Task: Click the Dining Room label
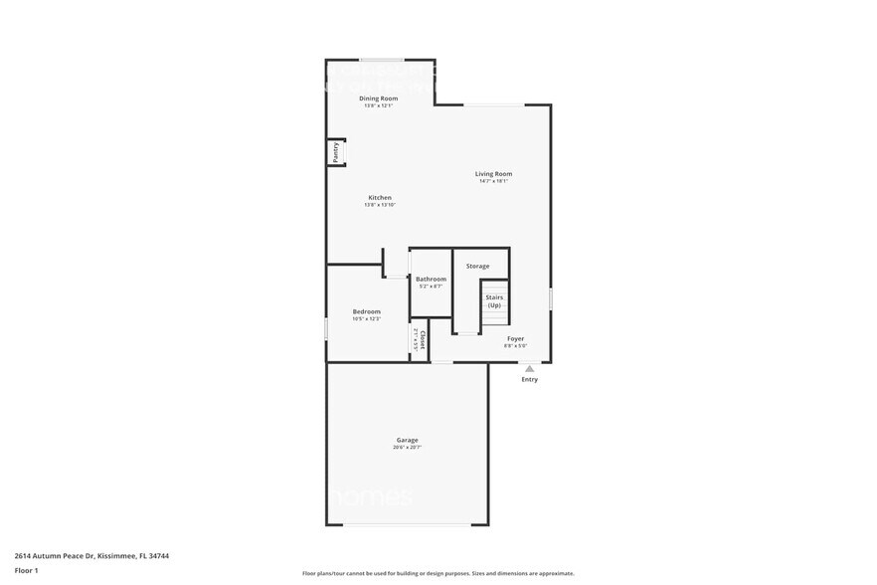click(379, 97)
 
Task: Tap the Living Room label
click(494, 174)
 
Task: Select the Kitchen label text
click(380, 198)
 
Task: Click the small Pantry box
click(336, 152)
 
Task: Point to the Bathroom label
click(431, 280)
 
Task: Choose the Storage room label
click(478, 266)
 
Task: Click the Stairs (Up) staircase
click(494, 301)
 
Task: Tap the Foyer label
click(515, 338)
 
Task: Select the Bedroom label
click(366, 312)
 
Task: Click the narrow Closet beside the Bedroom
click(420, 340)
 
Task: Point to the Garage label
click(408, 440)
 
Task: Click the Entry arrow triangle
click(529, 368)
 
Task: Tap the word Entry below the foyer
click(529, 379)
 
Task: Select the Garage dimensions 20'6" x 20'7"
click(408, 448)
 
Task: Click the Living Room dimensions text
click(494, 181)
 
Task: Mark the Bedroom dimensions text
click(366, 319)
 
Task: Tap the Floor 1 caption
click(26, 570)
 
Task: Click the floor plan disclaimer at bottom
click(438, 574)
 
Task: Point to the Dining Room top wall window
click(381, 60)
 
